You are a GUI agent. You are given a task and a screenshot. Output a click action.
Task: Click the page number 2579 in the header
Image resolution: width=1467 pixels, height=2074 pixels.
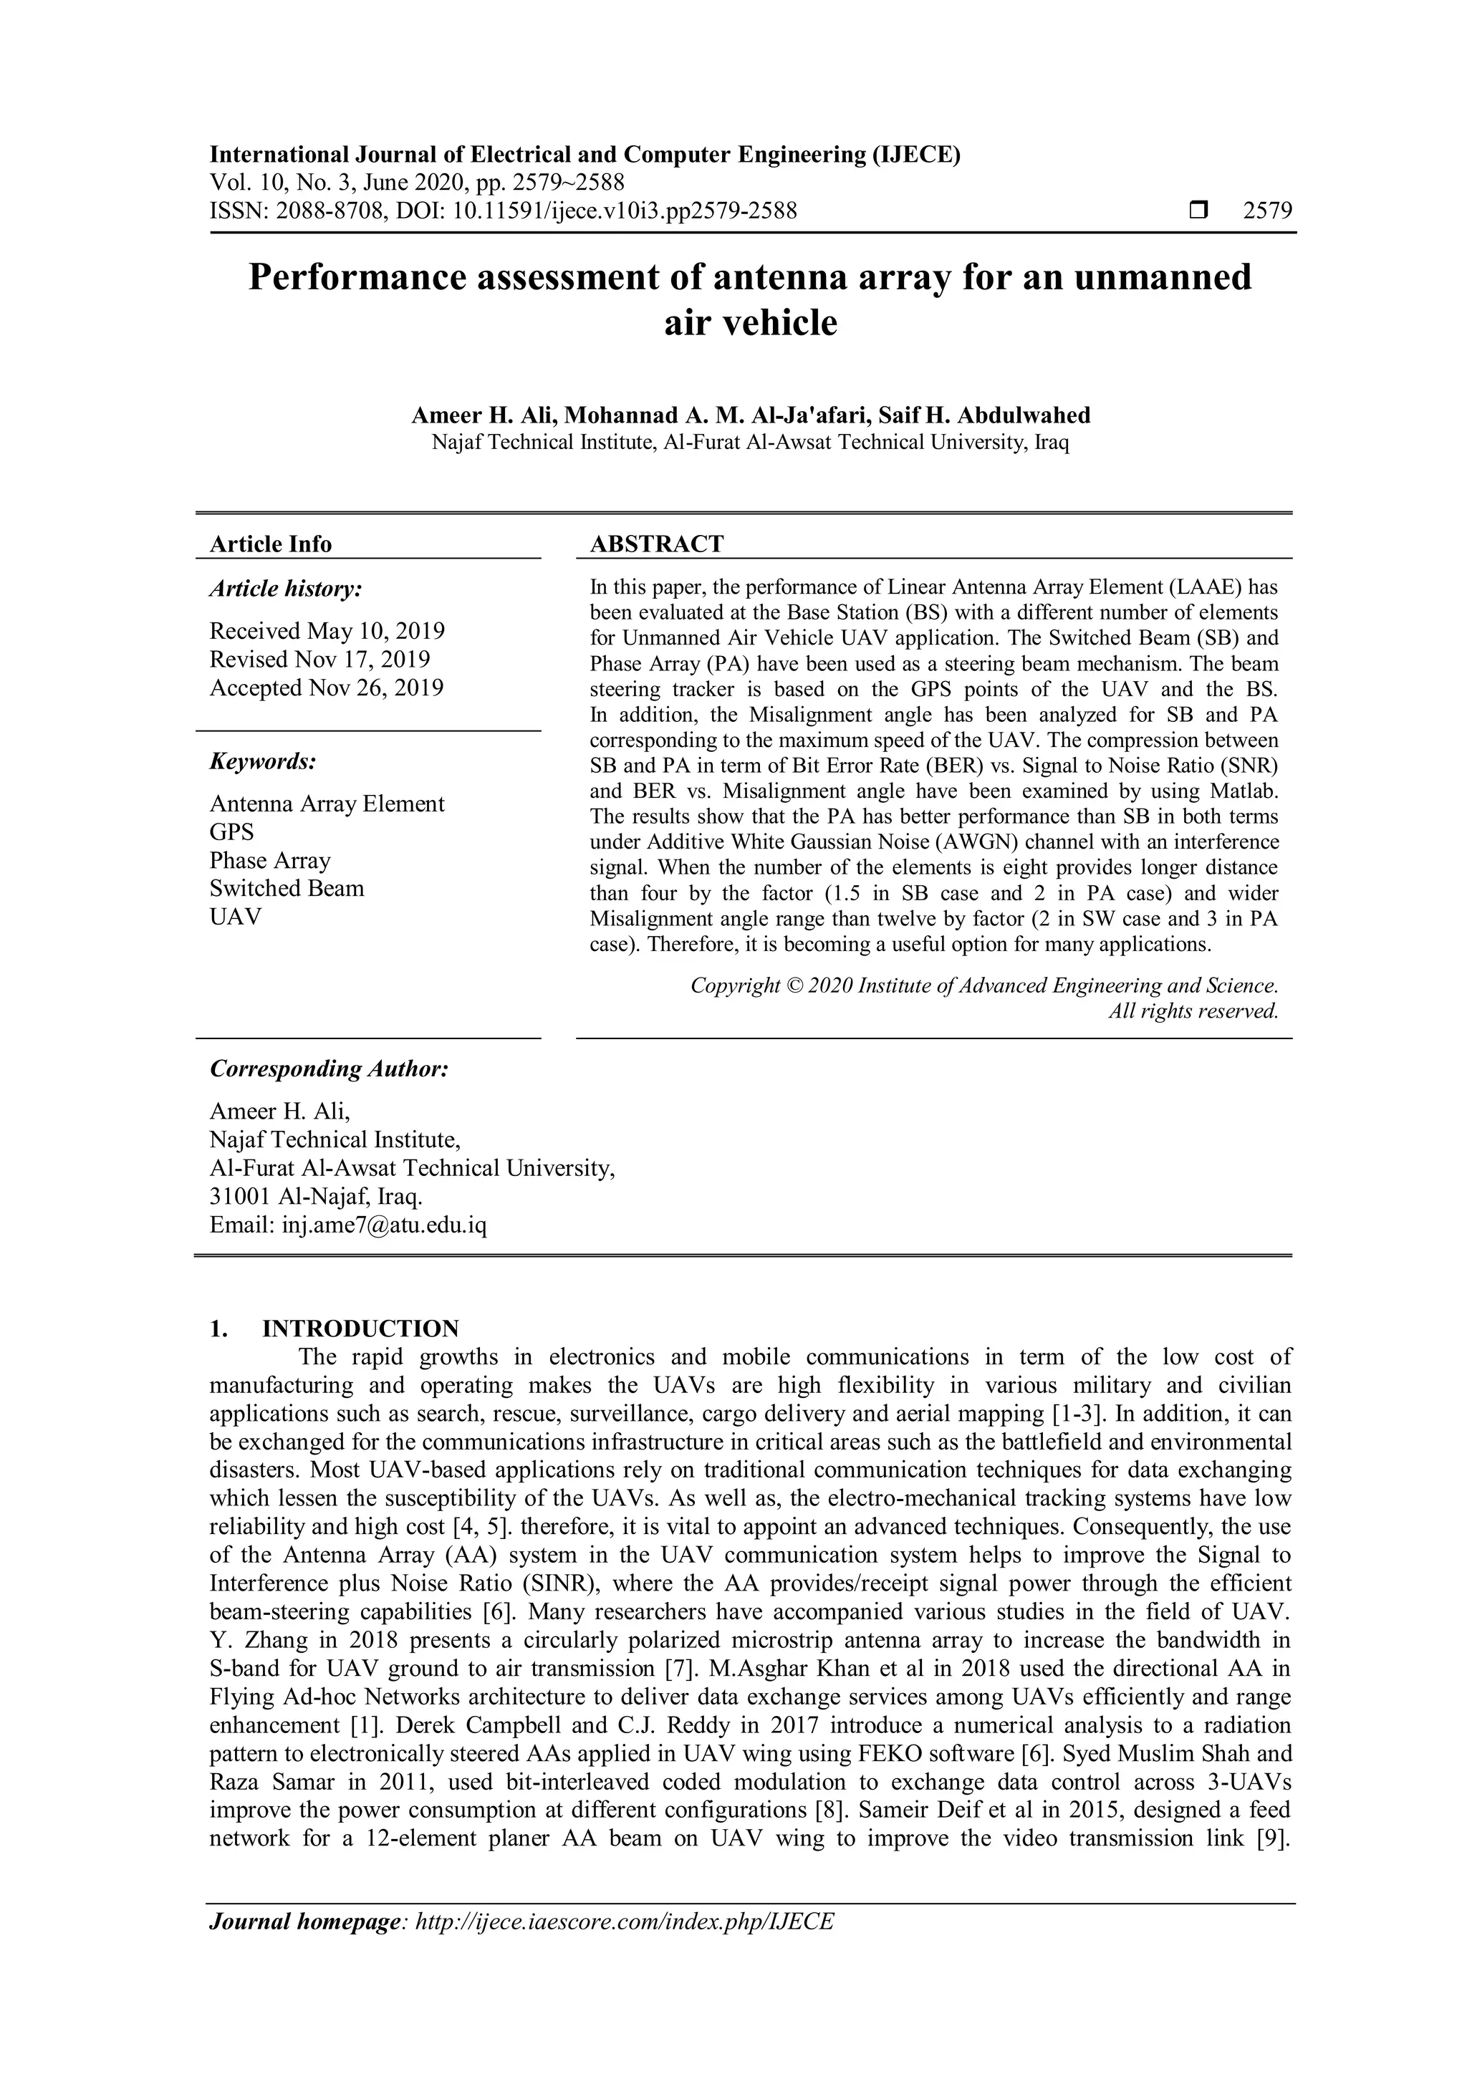point(1267,211)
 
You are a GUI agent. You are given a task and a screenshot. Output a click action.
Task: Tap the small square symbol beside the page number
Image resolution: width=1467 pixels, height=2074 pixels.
point(1198,211)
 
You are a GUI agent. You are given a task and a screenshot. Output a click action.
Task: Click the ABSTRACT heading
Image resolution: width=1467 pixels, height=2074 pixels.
point(657,544)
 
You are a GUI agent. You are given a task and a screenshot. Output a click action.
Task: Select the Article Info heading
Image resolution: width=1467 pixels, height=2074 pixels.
point(271,544)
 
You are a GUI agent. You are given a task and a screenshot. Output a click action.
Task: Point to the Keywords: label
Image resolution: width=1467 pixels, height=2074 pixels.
point(263,761)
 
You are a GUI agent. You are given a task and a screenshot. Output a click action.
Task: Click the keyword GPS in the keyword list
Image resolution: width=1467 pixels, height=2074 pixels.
point(232,832)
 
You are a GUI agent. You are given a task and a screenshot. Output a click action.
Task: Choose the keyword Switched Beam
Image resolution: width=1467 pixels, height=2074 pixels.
point(287,888)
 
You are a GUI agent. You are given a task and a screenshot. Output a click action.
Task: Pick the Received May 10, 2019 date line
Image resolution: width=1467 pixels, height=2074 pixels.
point(327,630)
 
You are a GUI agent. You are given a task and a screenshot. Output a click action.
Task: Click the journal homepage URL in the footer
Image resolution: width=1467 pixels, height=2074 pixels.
point(624,1921)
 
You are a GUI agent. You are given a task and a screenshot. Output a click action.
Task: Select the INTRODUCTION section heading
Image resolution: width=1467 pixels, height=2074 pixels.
point(360,1328)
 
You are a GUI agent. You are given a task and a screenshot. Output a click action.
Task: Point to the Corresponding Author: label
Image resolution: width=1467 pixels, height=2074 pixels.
point(329,1069)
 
